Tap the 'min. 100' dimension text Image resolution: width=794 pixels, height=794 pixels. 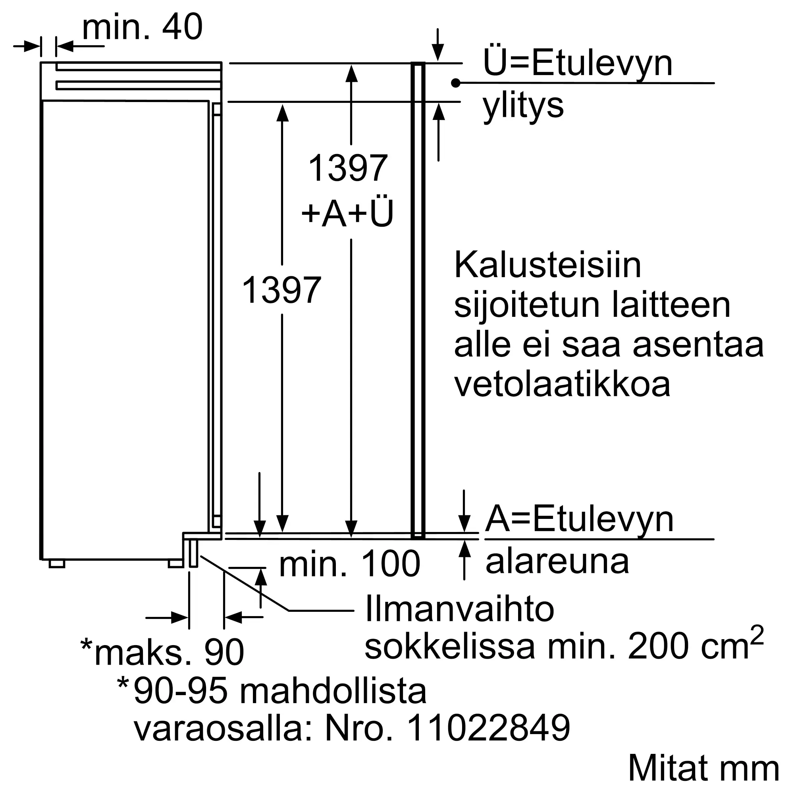(x=350, y=565)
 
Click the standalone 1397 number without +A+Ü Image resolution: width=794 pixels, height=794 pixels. (x=281, y=290)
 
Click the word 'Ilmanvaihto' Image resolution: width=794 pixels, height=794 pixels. (x=459, y=609)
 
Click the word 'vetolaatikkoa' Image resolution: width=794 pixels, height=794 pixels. (x=562, y=384)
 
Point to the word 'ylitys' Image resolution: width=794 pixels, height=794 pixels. (x=523, y=106)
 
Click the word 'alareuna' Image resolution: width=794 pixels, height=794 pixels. (x=557, y=561)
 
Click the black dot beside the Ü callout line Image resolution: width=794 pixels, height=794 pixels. (x=455, y=83)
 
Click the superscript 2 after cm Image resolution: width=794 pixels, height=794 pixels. (x=757, y=636)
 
